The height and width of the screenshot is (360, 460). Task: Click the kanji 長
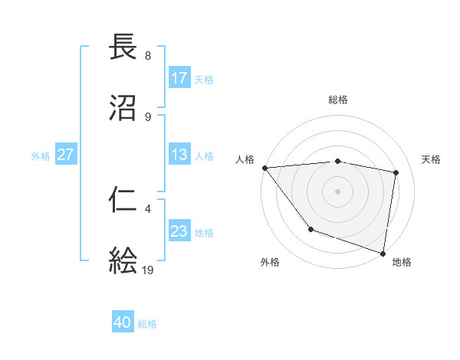[x=123, y=47]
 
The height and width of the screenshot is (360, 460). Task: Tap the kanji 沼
[x=123, y=108]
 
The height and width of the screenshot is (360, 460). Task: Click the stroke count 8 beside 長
[x=147, y=56]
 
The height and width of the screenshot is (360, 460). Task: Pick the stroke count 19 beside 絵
[x=148, y=270]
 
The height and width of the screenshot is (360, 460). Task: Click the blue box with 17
[x=179, y=78]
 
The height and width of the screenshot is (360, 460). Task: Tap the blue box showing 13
[x=179, y=155]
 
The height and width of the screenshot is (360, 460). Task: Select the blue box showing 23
[x=179, y=231]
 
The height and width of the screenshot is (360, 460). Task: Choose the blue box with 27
[x=66, y=155]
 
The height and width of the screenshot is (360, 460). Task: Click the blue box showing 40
[x=123, y=323]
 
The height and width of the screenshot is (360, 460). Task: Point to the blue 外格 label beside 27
[x=41, y=155]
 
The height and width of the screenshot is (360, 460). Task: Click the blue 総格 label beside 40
[x=147, y=324]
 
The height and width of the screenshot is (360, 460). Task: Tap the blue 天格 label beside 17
[x=204, y=79]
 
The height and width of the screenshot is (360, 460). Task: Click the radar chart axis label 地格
[x=402, y=262]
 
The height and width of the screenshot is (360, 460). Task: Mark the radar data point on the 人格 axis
[x=264, y=168]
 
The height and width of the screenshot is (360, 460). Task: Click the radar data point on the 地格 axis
[x=383, y=253]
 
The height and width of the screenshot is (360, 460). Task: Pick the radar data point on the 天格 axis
[x=396, y=172]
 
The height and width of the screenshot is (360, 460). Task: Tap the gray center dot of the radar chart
[x=337, y=191]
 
